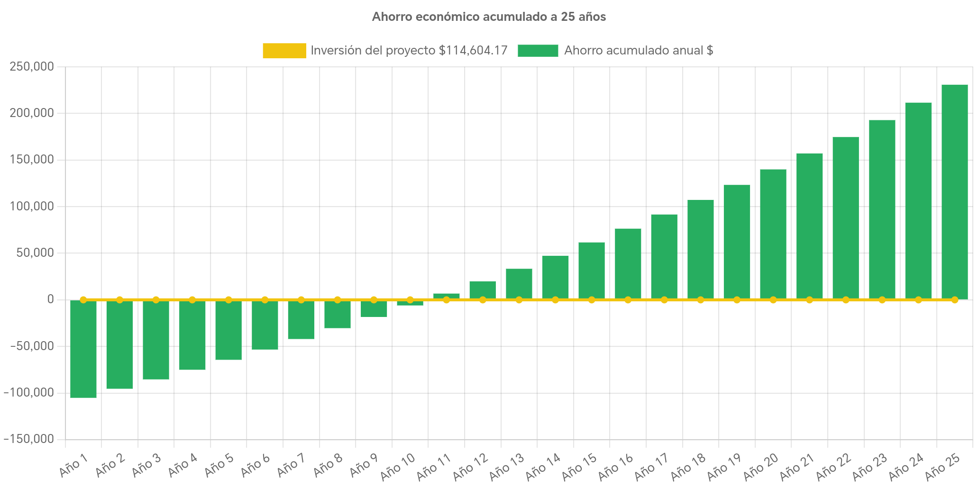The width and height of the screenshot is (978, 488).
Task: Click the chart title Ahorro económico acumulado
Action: click(489, 17)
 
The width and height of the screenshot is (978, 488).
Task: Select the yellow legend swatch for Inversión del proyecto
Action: click(284, 51)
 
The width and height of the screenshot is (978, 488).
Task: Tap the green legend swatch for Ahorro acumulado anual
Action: click(538, 51)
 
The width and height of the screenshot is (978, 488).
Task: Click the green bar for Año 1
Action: click(83, 349)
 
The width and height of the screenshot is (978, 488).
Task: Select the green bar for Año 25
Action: click(954, 191)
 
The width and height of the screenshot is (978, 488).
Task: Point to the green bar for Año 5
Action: click(229, 330)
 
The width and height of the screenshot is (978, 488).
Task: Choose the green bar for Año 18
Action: click(700, 249)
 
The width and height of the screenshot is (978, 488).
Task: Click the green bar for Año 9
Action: click(374, 309)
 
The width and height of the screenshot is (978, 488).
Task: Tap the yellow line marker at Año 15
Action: click(592, 300)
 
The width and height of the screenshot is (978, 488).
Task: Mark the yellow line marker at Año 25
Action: click(954, 300)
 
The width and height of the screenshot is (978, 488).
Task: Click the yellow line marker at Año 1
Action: click(83, 300)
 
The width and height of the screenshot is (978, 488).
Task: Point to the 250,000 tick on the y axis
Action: click(31, 66)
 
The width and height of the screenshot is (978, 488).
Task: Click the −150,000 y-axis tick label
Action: click(28, 439)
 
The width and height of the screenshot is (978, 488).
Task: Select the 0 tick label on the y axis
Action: click(50, 299)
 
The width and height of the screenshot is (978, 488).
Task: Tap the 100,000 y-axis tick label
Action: click(31, 207)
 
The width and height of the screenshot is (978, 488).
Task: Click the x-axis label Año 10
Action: click(398, 466)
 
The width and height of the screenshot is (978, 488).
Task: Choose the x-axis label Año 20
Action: click(761, 466)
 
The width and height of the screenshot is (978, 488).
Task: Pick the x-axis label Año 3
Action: click(146, 466)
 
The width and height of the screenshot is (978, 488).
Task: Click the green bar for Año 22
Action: click(845, 218)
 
